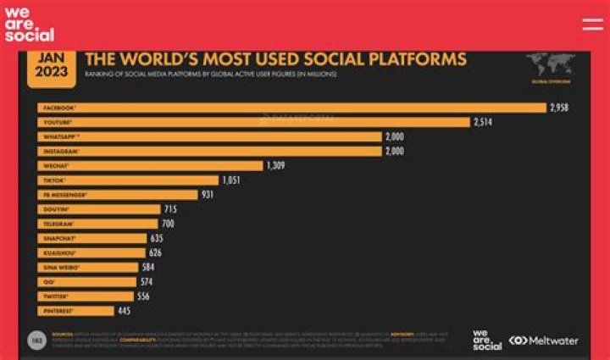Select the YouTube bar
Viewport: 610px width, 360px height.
[x=253, y=122]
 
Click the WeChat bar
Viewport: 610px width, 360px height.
[x=150, y=166]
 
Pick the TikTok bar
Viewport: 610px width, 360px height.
[x=128, y=180]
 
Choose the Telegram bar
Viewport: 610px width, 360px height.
[x=97, y=224]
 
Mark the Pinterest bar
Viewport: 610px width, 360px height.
[x=75, y=311]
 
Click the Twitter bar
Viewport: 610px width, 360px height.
[x=85, y=296]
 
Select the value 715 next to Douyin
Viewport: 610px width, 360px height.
[x=170, y=209]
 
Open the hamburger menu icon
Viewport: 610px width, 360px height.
[x=592, y=25]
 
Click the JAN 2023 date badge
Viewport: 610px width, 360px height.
[x=52, y=66]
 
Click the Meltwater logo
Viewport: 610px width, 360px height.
[x=543, y=341]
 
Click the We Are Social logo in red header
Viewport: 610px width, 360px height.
[x=28, y=24]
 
